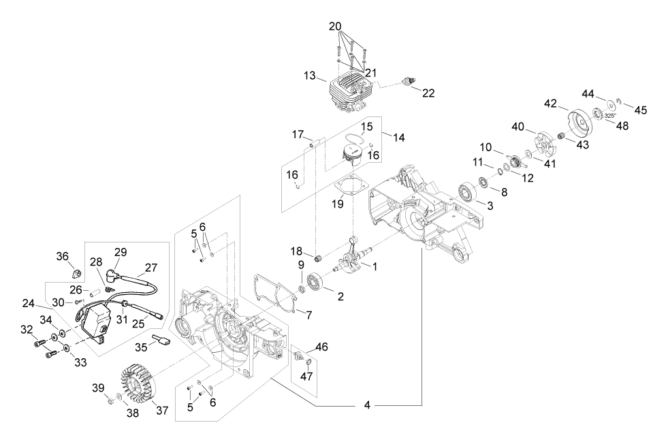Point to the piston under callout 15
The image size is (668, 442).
352,155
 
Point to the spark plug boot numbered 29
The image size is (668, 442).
113,276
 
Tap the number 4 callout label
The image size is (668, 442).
368,405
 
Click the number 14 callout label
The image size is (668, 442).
399,138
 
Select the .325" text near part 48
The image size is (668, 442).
611,116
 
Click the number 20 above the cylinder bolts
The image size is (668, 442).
335,26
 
